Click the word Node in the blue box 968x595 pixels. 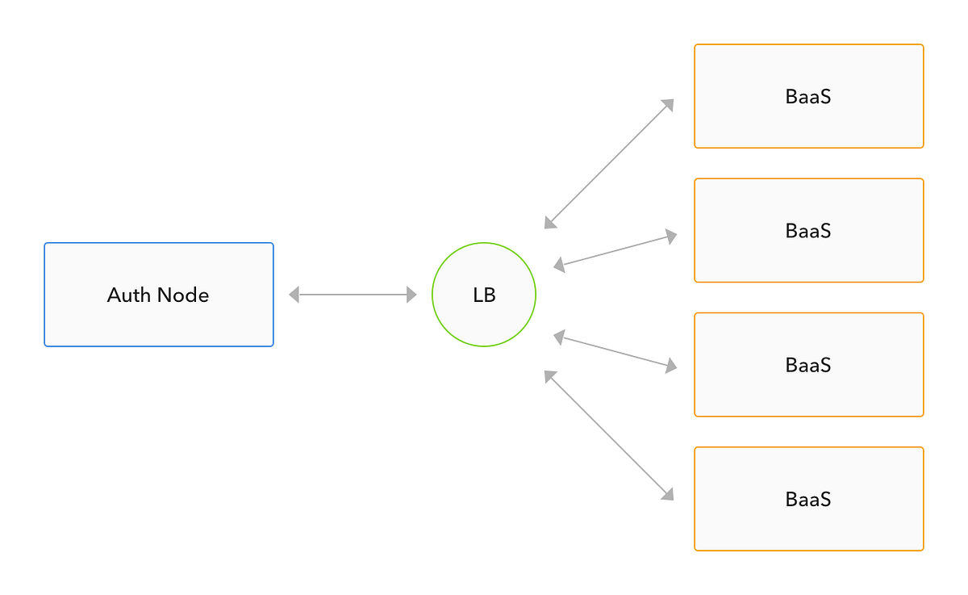click(x=183, y=295)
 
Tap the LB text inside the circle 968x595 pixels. click(x=484, y=295)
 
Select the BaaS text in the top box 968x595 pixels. click(x=808, y=97)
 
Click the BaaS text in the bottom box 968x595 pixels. click(x=808, y=500)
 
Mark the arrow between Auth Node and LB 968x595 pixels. click(x=353, y=295)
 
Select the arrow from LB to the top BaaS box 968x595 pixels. click(x=609, y=164)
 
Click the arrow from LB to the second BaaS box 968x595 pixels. click(x=615, y=250)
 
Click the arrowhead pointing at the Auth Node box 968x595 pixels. click(x=294, y=295)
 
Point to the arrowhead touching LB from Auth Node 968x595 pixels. click(x=411, y=295)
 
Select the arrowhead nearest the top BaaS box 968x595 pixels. click(x=668, y=104)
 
